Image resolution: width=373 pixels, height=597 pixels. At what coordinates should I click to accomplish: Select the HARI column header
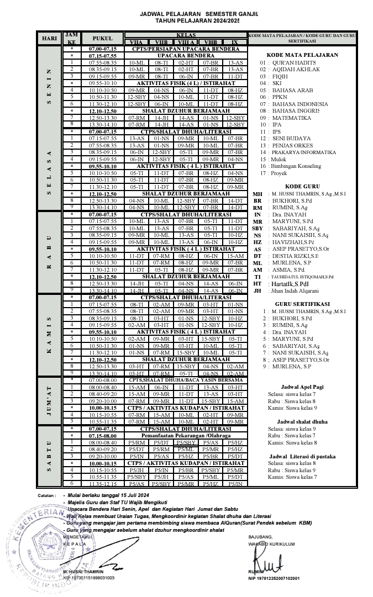50,39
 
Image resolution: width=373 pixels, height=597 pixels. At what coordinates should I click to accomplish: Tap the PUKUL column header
102,39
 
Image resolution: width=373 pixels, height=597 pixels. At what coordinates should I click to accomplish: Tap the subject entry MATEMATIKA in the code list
291,118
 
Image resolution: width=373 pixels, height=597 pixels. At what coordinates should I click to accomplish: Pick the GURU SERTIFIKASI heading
302,304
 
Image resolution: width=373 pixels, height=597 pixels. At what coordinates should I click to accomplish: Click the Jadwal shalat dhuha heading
302,422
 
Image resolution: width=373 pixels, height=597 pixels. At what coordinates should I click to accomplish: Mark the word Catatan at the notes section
47,495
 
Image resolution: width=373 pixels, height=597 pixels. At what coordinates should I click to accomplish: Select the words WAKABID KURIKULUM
271,544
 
